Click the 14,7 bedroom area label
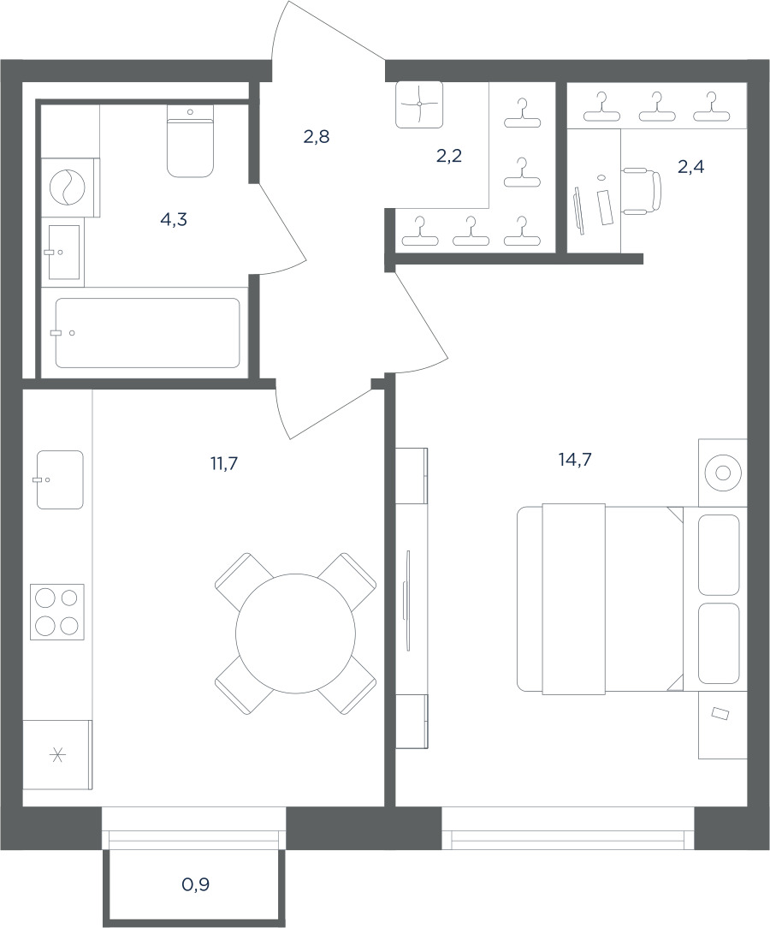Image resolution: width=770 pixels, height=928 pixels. point(575,459)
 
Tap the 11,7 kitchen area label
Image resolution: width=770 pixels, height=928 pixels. point(224,463)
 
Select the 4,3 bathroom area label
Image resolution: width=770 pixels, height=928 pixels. point(174,219)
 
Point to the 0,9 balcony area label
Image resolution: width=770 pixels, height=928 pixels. point(196,885)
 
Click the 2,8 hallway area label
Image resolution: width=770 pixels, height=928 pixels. point(317,137)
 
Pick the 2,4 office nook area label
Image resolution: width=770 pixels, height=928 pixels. point(690,167)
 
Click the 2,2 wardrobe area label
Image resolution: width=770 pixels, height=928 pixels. point(449,157)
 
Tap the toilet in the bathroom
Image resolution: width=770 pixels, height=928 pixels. point(190,141)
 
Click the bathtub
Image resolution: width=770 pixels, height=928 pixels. point(148,333)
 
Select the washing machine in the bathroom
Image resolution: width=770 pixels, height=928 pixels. point(68,187)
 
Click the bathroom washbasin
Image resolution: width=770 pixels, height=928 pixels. point(63,253)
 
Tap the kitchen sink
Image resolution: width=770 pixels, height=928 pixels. point(60,479)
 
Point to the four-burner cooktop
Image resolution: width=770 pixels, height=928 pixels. point(57,610)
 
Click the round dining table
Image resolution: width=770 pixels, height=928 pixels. point(296,634)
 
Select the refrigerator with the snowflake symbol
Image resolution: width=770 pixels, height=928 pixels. point(57,754)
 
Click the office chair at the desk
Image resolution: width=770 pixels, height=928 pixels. point(641,191)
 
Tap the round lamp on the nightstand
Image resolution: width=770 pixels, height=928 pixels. point(722,473)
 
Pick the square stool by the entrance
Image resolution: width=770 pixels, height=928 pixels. point(419,104)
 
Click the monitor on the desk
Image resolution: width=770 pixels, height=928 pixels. point(579,211)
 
